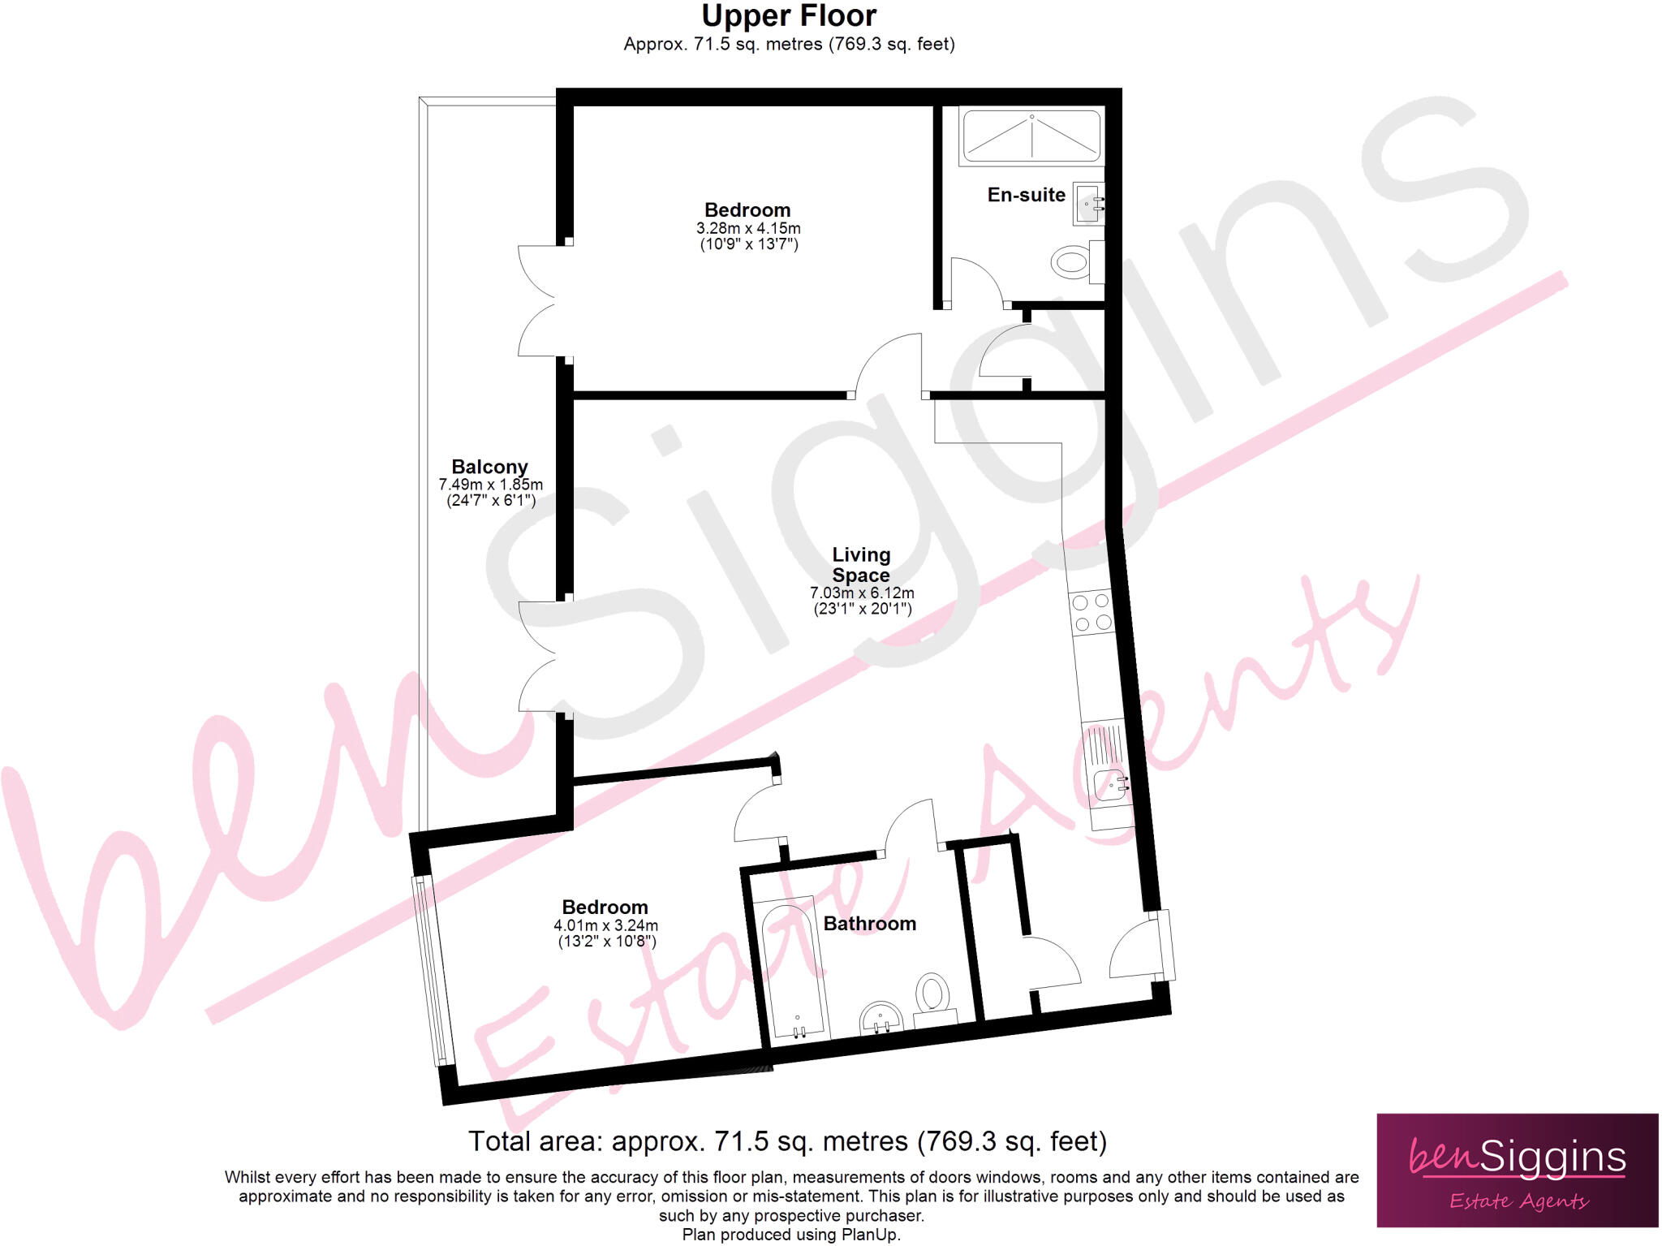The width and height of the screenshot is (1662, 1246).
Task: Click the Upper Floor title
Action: tap(789, 16)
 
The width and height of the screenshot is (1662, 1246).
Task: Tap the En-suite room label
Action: tap(1026, 195)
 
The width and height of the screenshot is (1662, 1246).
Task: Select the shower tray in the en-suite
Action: tap(1031, 136)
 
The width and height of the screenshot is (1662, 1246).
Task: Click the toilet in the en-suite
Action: tap(1073, 262)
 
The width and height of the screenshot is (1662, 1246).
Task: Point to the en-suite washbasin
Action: tap(1088, 203)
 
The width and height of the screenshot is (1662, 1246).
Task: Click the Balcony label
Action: tap(489, 467)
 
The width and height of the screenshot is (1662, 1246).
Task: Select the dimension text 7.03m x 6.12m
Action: tap(862, 593)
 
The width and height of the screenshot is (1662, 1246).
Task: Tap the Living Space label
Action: tap(861, 564)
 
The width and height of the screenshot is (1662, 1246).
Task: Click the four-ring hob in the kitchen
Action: tap(1091, 612)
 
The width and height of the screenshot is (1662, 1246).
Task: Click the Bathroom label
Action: tap(869, 924)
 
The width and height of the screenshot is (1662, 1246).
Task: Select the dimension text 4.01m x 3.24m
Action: tap(605, 925)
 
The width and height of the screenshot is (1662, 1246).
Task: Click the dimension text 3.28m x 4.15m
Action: tap(748, 228)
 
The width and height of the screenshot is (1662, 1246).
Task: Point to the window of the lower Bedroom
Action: tap(431, 970)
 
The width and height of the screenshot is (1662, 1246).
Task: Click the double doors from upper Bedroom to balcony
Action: tap(537, 301)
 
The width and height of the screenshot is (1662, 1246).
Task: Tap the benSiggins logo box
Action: tap(1517, 1170)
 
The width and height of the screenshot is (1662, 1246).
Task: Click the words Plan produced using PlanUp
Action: tap(790, 1235)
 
